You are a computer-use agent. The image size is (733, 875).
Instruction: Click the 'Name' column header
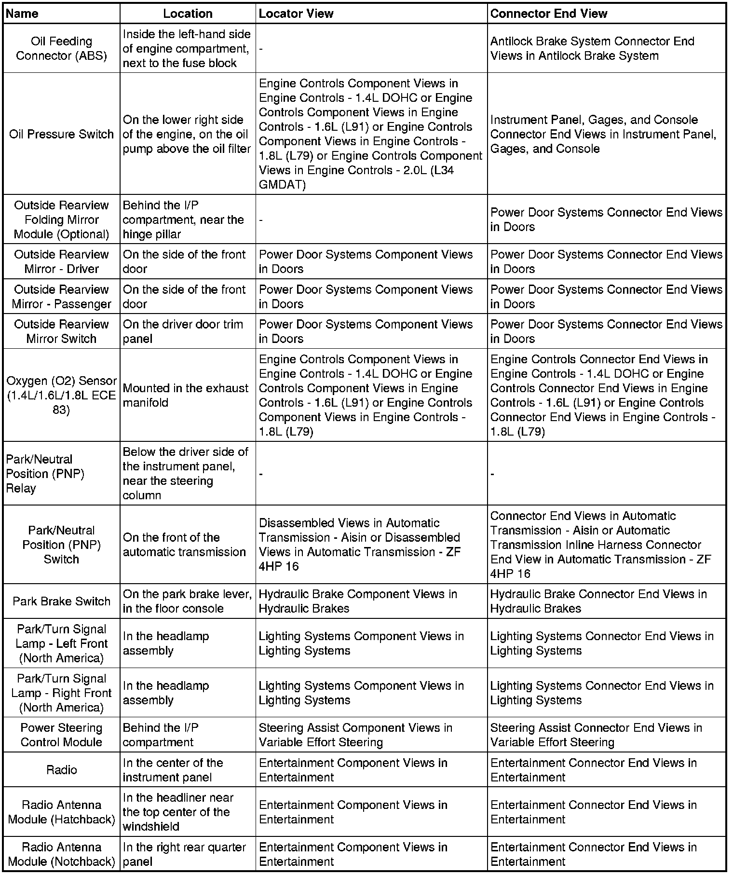coord(22,14)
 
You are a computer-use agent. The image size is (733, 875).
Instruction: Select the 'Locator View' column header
coord(296,14)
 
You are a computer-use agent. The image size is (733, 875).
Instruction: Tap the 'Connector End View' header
coord(549,14)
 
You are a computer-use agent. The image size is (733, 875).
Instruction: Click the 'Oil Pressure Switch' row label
coord(62,134)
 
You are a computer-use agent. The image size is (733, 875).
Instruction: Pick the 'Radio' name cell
coord(62,770)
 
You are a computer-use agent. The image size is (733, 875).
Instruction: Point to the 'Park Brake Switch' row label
coord(62,602)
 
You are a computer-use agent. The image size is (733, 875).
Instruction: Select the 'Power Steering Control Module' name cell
coord(62,735)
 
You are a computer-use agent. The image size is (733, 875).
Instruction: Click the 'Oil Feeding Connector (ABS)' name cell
coord(62,49)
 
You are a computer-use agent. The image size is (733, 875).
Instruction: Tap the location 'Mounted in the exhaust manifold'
coord(186,396)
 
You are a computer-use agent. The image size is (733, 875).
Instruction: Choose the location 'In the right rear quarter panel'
coord(184,854)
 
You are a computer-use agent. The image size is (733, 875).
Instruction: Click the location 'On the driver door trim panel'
coord(183,331)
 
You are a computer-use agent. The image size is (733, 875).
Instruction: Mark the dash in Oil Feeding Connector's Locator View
coord(261,49)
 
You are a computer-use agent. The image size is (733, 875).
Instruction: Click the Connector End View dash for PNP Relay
coord(492,474)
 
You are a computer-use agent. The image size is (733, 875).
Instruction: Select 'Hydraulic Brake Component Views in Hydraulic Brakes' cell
coord(358,602)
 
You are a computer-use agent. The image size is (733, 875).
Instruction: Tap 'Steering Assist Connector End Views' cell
coord(596,735)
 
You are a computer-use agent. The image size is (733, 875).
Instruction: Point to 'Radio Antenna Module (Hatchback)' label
coord(62,812)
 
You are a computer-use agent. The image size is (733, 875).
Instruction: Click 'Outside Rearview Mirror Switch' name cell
coord(62,331)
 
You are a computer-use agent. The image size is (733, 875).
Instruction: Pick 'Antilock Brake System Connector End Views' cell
coord(592,49)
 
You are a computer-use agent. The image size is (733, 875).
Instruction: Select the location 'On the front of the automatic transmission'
coord(184,545)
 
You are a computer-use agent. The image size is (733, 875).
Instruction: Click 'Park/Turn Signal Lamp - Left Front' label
coord(62,643)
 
